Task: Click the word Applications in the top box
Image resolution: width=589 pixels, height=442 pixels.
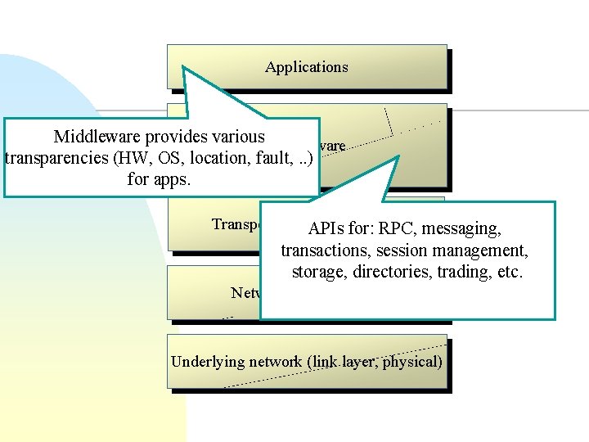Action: click(x=306, y=67)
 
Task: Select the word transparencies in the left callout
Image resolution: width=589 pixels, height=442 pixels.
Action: click(x=56, y=158)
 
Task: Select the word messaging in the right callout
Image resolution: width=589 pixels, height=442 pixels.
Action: click(x=464, y=229)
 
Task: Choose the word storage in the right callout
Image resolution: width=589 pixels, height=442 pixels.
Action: click(x=317, y=272)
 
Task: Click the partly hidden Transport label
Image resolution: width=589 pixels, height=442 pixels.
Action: click(x=236, y=224)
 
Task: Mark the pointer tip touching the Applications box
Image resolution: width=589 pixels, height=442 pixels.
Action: click(x=184, y=68)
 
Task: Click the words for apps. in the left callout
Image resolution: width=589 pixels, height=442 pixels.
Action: click(x=159, y=178)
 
